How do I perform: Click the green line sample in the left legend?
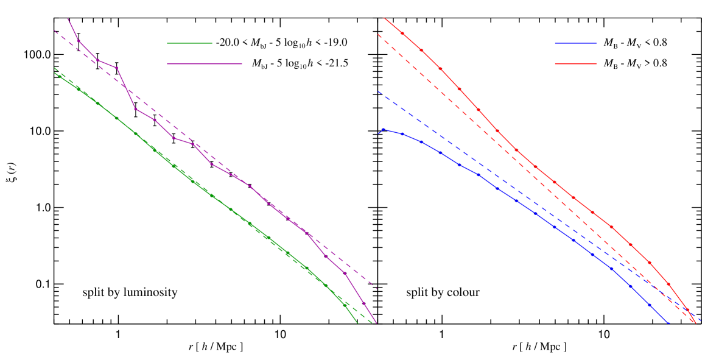coord(189,43)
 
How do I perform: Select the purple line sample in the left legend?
coord(204,63)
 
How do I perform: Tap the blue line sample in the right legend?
coord(575,43)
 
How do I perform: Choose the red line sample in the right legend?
coord(575,63)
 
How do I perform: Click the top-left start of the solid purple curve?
coord(68,19)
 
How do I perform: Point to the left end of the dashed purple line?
coord(54,30)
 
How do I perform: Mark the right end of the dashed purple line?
coord(377,288)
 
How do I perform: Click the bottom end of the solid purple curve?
coord(377,323)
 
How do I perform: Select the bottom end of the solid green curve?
coord(357,323)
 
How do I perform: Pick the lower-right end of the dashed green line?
coord(373,323)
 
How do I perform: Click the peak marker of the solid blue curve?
coord(383,129)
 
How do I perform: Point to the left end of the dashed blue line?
coord(378,92)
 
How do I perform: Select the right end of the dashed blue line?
coord(701,320)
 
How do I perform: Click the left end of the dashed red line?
coord(378,35)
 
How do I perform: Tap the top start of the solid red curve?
coord(383,18)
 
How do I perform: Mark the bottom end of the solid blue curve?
coord(669,323)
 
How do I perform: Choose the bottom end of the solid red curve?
coord(696,323)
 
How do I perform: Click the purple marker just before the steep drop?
coord(117,68)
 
